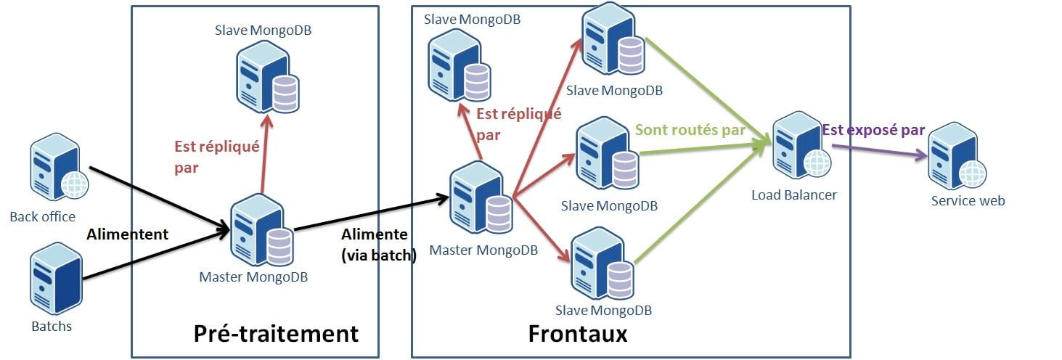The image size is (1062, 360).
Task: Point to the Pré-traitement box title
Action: click(276, 333)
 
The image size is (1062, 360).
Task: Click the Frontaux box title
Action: click(577, 334)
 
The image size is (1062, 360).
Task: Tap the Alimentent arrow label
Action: click(127, 234)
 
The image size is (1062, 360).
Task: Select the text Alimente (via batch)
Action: click(377, 245)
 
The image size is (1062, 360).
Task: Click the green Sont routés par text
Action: click(690, 130)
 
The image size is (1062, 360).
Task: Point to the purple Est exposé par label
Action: click(873, 130)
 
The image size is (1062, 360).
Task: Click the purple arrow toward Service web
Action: click(878, 150)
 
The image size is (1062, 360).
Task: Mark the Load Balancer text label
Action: click(793, 195)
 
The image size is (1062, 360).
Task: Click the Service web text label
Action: click(968, 200)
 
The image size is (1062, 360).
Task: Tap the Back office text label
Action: click(42, 216)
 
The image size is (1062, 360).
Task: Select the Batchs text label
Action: click(52, 326)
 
